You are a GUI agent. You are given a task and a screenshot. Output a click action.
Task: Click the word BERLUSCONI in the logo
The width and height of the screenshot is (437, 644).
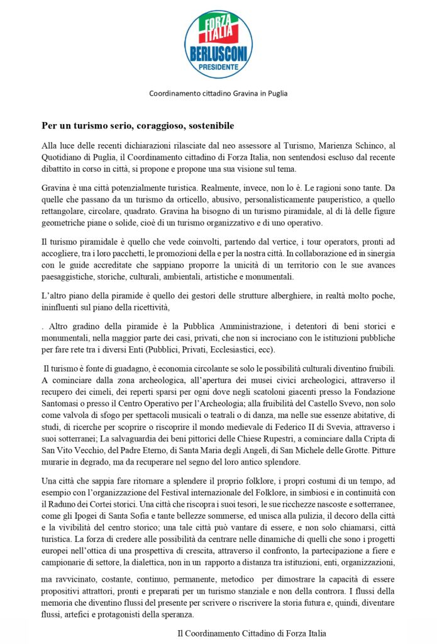click(218, 52)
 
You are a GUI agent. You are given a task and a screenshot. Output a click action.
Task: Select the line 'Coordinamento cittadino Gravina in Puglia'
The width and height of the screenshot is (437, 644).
click(218, 94)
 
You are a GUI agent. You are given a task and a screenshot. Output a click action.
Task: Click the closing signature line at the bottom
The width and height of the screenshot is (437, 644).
click(252, 633)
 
